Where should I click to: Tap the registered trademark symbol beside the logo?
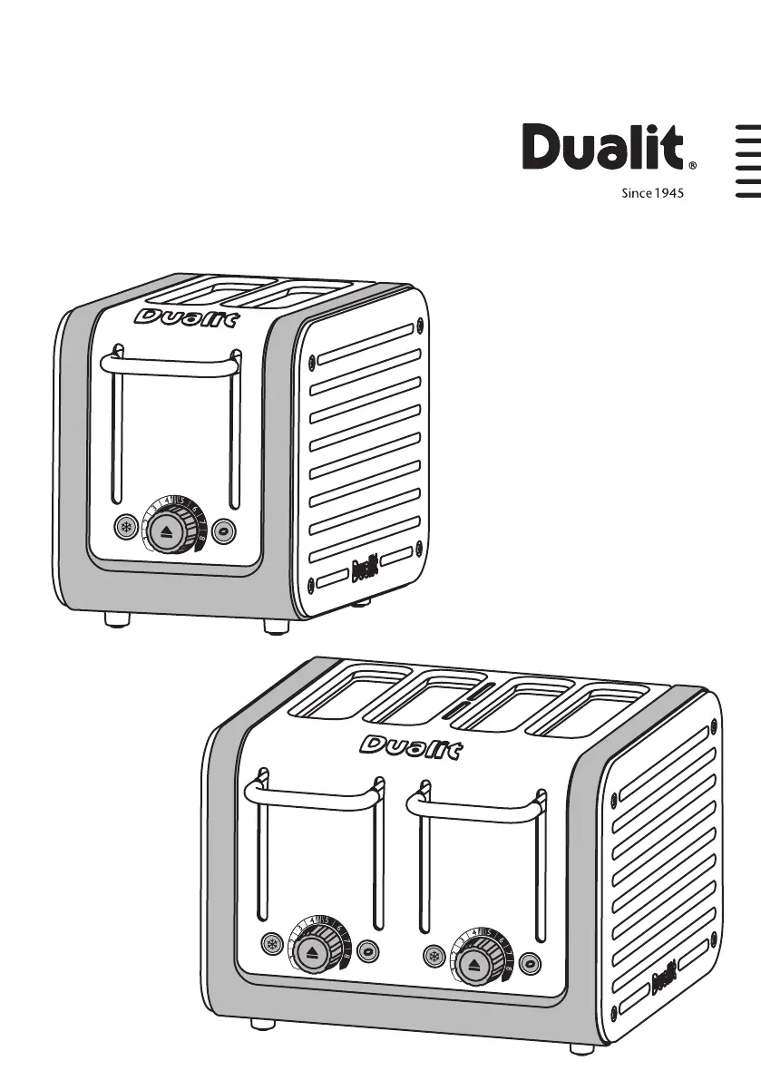(x=693, y=167)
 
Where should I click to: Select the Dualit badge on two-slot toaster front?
(x=186, y=317)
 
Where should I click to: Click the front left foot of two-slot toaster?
(x=116, y=619)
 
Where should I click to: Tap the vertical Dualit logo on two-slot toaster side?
(x=363, y=570)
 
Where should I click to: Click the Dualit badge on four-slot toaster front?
(x=411, y=747)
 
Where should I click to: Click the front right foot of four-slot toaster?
(x=581, y=1048)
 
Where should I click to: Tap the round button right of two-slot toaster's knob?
(x=225, y=530)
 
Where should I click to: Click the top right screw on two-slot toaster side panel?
(x=418, y=322)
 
